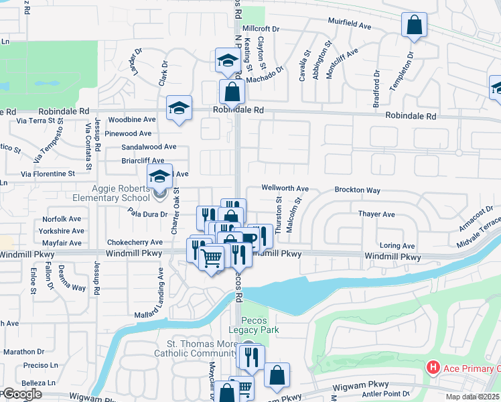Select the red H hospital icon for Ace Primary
[x=433, y=368]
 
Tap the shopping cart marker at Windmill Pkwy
[x=212, y=257]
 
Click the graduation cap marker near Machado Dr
[x=227, y=61]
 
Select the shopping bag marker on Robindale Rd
[x=232, y=92]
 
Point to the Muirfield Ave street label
[x=350, y=25]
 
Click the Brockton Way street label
[x=357, y=190]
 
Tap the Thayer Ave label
[x=376, y=214]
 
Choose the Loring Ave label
[x=397, y=246]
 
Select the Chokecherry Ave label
[x=135, y=242]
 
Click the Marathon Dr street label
[x=23, y=351]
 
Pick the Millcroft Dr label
[x=261, y=29]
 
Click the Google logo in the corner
[x=21, y=394]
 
